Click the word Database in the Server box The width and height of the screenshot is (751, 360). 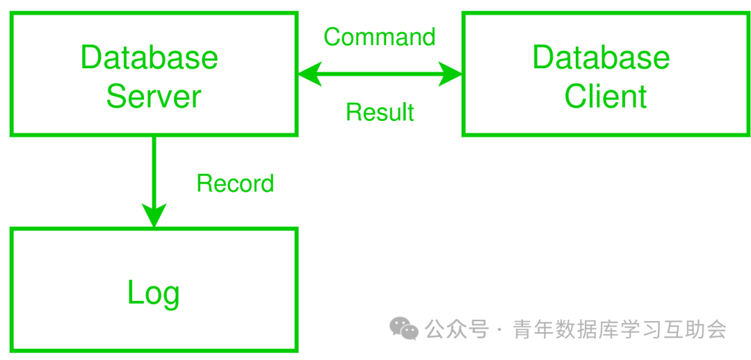(150, 57)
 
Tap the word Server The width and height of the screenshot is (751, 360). (154, 97)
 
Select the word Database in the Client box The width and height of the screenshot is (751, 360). (601, 57)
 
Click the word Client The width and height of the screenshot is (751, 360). (606, 97)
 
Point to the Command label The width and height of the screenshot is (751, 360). (380, 37)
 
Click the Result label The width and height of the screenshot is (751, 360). (380, 112)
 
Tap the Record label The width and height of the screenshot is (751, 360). (235, 183)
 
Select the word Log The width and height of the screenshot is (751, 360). (154, 293)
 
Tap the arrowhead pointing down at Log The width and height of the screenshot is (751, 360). (154, 215)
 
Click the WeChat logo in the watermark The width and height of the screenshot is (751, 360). (403, 328)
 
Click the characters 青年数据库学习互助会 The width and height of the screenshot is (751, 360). (620, 329)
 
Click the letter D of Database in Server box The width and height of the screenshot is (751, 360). (90, 57)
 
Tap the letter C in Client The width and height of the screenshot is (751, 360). (574, 97)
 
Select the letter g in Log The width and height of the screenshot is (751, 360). (170, 296)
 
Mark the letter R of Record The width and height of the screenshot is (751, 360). (204, 183)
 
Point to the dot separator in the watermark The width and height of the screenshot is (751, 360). (501, 329)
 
